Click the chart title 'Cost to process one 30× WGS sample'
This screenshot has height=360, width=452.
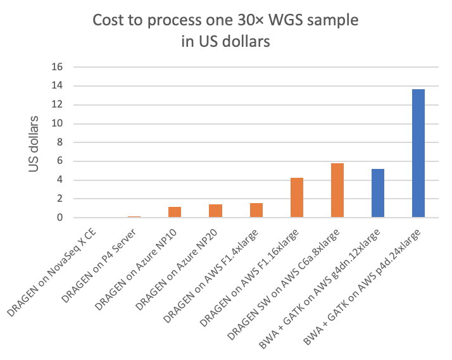coord(225,20)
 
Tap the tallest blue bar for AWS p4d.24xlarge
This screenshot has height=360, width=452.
coord(418,153)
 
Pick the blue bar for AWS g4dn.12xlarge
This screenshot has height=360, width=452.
coord(378,193)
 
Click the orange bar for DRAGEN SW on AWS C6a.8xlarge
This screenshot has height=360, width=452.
coord(337,190)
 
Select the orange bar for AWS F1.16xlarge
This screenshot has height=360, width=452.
coord(296,197)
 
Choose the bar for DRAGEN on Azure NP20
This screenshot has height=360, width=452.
coord(215,211)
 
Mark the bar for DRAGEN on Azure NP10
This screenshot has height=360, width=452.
coord(175,212)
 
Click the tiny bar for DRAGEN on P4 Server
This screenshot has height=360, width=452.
coord(134,217)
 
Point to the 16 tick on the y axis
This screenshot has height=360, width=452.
coord(60,66)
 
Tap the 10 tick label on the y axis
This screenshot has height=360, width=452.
coord(60,123)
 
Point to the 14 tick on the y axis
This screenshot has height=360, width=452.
coord(60,85)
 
